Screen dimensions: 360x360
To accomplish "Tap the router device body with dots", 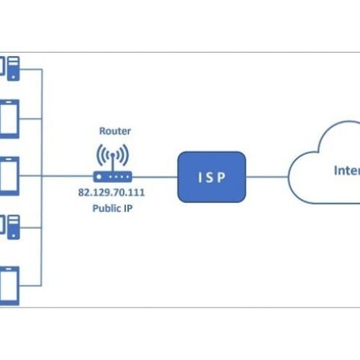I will coord(112,175).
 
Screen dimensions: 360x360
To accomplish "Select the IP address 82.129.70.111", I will coord(112,192).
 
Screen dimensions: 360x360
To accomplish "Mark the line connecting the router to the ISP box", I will coord(155,175).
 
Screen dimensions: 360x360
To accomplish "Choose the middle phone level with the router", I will coord(9,175).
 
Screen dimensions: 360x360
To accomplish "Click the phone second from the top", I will coord(9,120).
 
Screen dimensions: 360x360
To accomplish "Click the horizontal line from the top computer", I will coord(32,69).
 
